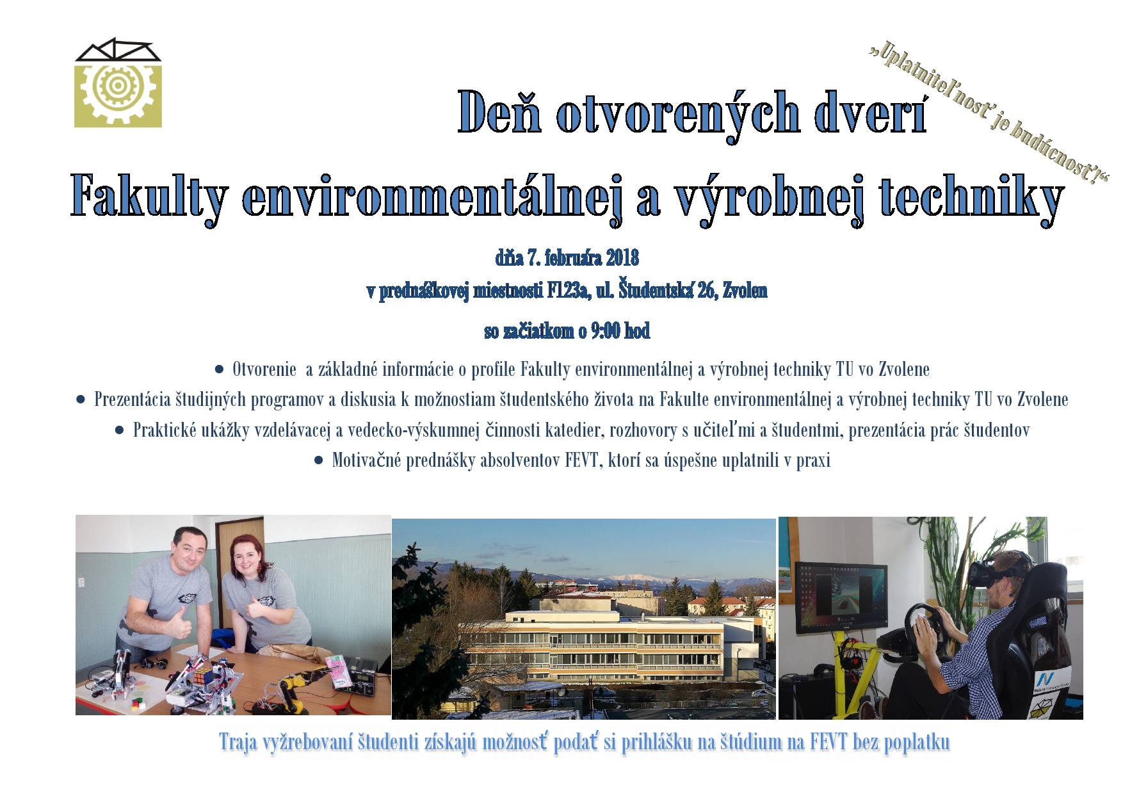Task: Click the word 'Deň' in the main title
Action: tap(500, 112)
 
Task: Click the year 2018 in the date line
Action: tap(622, 257)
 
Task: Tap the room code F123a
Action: tap(567, 291)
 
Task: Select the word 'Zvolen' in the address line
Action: tap(745, 291)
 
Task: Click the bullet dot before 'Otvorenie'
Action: tap(220, 369)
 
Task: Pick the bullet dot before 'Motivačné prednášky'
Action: tap(319, 460)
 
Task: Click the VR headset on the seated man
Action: tap(990, 572)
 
